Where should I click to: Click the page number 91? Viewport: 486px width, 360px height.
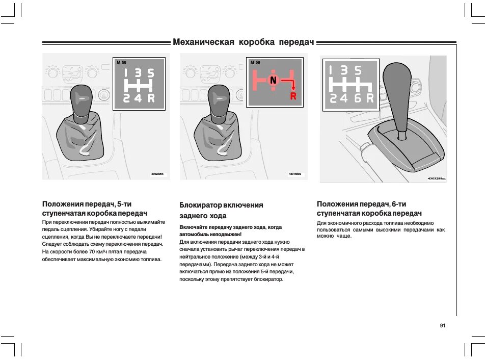coord(442,325)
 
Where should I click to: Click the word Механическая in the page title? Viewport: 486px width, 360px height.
coord(203,42)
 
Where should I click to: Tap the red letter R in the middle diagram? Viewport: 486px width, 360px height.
coord(293,96)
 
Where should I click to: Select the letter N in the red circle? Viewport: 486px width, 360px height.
coord(274,81)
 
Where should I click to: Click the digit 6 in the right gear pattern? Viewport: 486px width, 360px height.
coord(358,98)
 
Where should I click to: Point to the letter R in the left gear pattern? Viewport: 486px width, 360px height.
coord(151,98)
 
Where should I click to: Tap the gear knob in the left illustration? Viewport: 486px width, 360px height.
coord(81,102)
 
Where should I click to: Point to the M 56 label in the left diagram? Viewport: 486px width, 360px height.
coord(121,62)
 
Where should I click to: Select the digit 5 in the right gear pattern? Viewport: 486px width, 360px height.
coord(358,70)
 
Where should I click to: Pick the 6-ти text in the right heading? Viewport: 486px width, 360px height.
coord(399,204)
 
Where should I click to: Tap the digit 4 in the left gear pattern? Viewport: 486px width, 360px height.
coord(138,98)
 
